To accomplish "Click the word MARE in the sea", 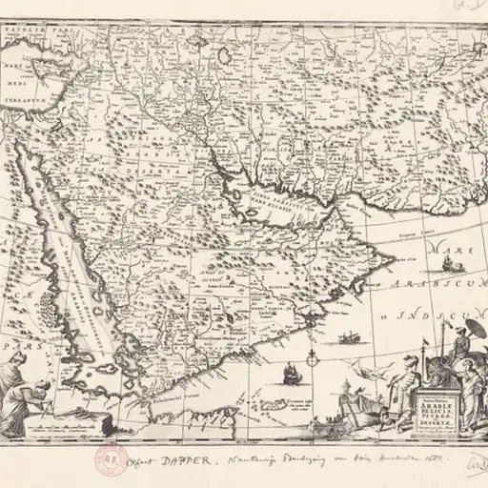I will [446, 251].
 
